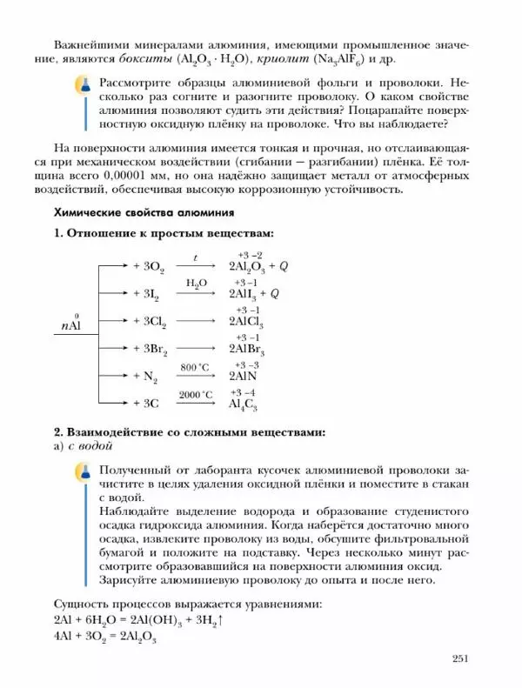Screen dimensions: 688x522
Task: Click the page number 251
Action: coord(461,658)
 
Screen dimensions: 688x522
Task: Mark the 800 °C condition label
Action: coord(196,367)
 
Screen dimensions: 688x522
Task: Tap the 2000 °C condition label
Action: coord(196,395)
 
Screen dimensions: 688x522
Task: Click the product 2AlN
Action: coord(244,377)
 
